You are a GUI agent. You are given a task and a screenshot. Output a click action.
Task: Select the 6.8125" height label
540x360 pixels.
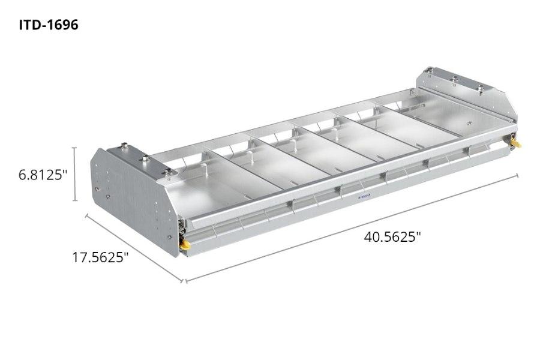[x=40, y=176]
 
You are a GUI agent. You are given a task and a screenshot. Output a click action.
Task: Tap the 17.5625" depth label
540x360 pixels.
[x=101, y=257]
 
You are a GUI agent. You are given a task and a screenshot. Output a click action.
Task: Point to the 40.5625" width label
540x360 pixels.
[x=392, y=236]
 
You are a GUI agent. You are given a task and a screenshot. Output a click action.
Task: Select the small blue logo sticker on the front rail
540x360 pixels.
[x=364, y=197]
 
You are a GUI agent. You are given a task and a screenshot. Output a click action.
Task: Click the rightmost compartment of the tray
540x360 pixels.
[x=444, y=119]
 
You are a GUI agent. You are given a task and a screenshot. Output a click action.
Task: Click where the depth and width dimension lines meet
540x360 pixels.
[x=185, y=280]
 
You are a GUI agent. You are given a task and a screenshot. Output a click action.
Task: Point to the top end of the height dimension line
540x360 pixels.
[x=74, y=148]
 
